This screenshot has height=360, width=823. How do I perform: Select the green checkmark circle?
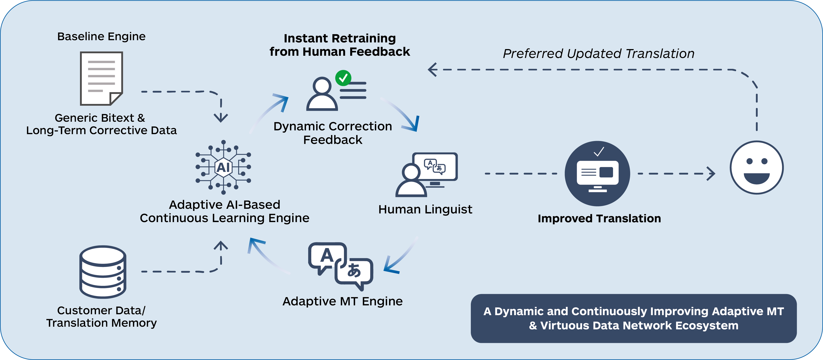[343, 78]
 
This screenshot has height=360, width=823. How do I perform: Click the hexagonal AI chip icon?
[223, 167]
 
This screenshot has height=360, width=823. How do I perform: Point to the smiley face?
[757, 167]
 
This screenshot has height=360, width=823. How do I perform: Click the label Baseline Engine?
[101, 36]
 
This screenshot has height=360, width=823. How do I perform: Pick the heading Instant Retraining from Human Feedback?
[340, 45]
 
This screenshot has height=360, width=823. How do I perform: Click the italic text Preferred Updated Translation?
[598, 54]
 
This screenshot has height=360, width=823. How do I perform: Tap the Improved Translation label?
[599, 219]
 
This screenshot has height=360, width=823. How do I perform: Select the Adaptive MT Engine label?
[342, 301]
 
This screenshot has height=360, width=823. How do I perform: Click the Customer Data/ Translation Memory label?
[101, 316]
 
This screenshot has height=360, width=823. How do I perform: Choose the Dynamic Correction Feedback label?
[333, 133]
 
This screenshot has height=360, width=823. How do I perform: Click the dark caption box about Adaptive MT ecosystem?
[633, 318]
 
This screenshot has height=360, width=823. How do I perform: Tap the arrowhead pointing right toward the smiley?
[711, 173]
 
